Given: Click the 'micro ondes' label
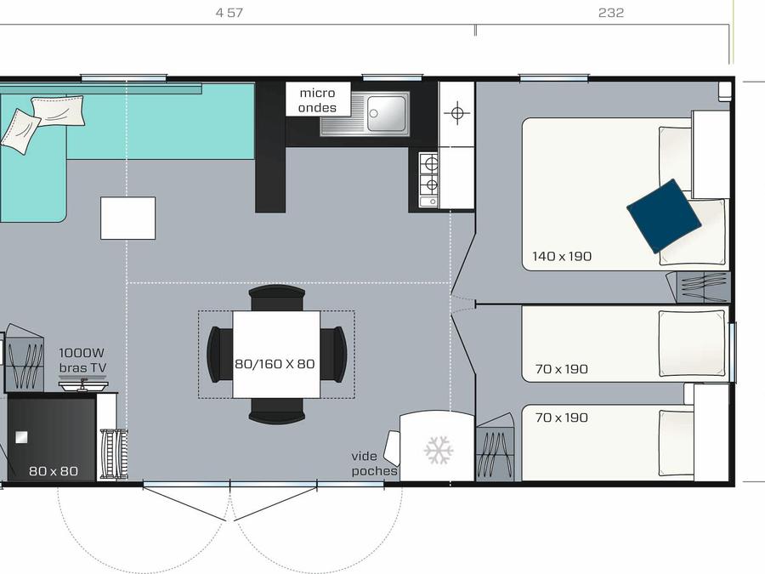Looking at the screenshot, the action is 317,100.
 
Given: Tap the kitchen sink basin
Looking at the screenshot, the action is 387,114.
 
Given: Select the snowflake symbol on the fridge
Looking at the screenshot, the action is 439,451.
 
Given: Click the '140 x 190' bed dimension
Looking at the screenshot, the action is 562,256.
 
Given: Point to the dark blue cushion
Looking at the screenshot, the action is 664,216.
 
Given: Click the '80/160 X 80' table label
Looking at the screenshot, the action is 275,364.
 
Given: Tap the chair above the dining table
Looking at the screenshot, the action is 276,298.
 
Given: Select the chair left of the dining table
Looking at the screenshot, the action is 220,354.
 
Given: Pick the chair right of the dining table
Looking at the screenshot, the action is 334,354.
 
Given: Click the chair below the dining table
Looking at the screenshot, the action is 276,411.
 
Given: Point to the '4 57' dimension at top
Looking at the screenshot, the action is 229,13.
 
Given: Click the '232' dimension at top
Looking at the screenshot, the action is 611,13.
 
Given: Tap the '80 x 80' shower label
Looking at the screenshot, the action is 54,471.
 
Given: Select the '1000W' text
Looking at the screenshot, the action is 82,352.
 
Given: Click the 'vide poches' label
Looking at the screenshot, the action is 374,463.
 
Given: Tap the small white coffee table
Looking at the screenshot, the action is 127,219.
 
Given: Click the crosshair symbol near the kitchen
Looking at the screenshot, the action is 457,113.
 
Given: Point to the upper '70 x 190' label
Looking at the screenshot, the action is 561,369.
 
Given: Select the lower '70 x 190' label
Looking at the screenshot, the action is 561,418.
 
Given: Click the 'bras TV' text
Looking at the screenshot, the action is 82,367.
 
